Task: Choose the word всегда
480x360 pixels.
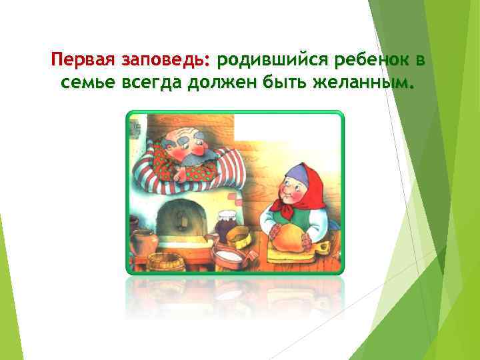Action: pyautogui.click(x=147, y=84)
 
